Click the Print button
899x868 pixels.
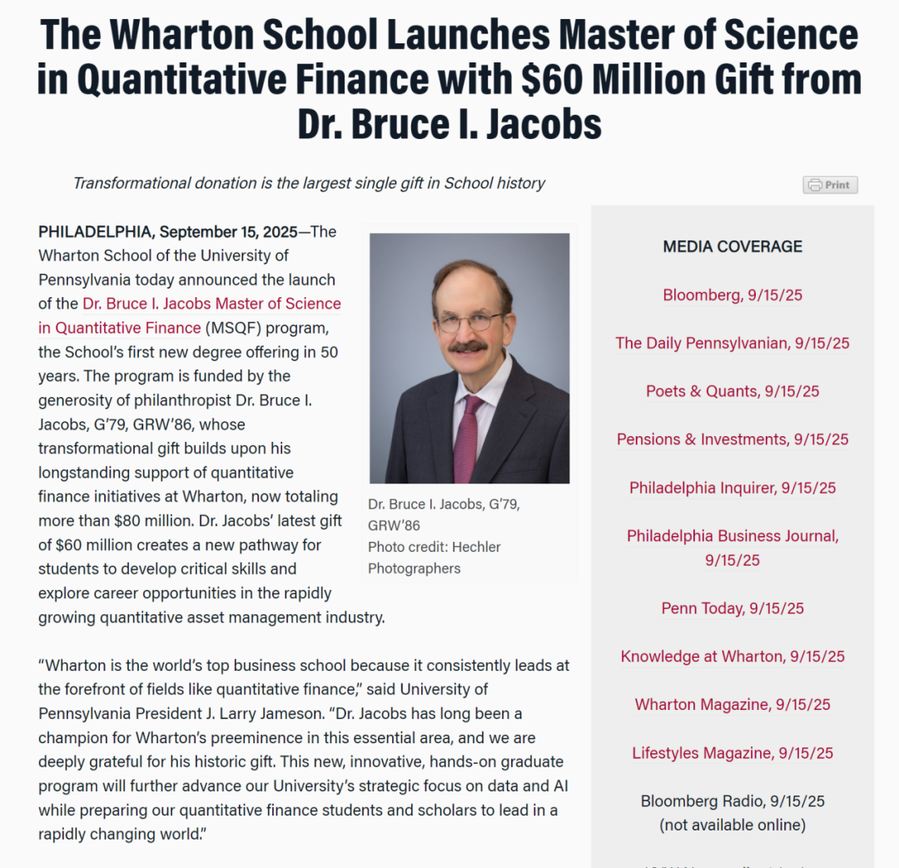point(830,185)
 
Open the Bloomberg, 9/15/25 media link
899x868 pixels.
point(733,295)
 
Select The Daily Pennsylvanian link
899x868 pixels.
point(733,343)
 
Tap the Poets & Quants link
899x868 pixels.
point(733,391)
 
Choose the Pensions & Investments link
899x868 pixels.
point(733,439)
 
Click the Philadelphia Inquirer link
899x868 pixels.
point(733,488)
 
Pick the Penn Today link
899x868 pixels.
point(733,608)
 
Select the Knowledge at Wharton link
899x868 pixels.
point(733,657)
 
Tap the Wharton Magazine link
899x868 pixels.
point(733,705)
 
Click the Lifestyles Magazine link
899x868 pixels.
point(733,753)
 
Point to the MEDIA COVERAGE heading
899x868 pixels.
point(733,246)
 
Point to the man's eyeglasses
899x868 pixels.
point(470,320)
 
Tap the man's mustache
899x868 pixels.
point(468,345)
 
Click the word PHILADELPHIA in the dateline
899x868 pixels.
point(96,231)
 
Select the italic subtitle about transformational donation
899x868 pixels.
point(309,183)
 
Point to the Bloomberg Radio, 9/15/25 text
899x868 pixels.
point(733,801)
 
